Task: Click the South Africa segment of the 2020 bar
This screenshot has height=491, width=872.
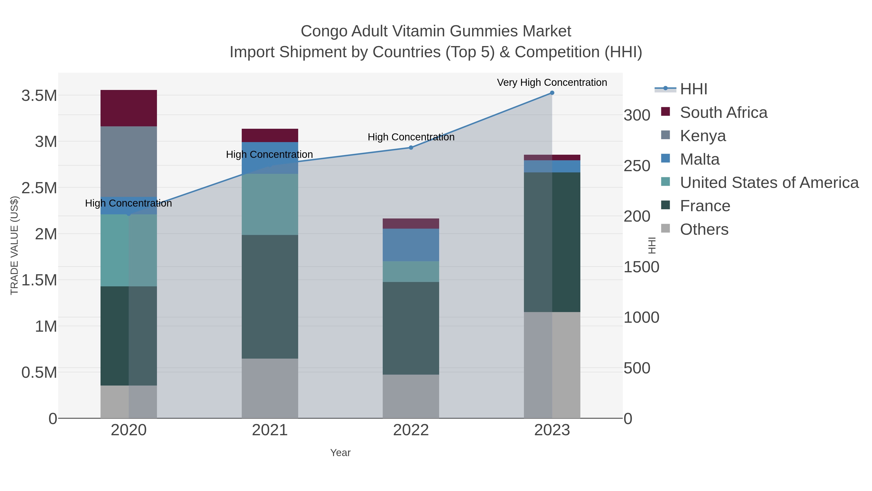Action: (x=129, y=108)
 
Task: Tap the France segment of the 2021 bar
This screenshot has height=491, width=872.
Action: (x=270, y=297)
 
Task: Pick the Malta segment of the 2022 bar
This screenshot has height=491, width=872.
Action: (x=411, y=245)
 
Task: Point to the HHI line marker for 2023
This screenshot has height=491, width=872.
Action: (x=552, y=93)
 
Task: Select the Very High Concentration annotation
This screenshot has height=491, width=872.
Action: (x=552, y=82)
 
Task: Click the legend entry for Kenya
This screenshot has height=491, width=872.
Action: (x=702, y=136)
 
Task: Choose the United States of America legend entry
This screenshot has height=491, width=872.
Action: (x=769, y=183)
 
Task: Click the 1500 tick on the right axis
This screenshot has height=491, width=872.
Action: (x=641, y=267)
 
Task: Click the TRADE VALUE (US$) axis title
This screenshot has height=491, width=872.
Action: (x=14, y=245)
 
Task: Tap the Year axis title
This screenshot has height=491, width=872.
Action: (x=340, y=453)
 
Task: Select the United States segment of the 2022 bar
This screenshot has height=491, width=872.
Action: (x=411, y=271)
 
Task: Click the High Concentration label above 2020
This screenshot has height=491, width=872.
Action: (x=128, y=203)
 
